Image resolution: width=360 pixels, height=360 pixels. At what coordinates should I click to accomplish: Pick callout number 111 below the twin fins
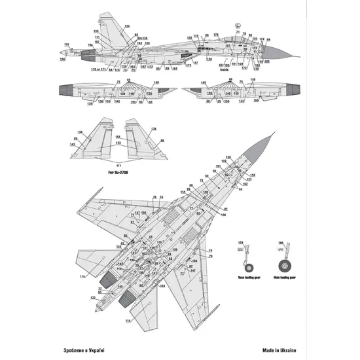pyautogui.click(x=118, y=166)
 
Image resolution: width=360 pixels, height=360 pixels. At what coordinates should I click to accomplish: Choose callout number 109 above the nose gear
pyautogui.click(x=241, y=242)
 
